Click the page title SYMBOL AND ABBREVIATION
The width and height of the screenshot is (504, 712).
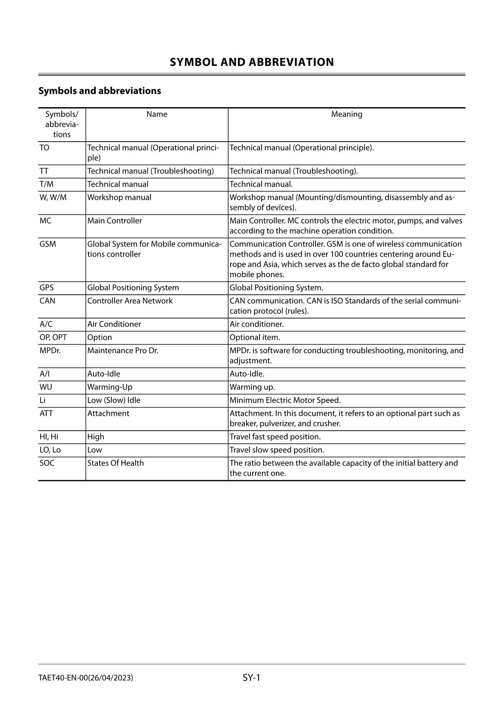(252, 62)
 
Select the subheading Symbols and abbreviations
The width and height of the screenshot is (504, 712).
(100, 91)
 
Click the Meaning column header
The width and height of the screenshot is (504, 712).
(346, 114)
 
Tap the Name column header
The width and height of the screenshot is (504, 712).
(157, 114)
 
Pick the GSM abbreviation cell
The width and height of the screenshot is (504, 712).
(48, 244)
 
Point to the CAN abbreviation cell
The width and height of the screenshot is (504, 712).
(48, 301)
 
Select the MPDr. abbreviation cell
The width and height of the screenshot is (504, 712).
(50, 350)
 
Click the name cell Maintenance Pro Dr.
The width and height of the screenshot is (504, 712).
(123, 350)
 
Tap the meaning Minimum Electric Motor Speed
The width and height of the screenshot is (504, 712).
(285, 400)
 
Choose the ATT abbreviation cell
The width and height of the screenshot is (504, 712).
(46, 413)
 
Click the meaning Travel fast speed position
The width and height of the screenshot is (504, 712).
(275, 437)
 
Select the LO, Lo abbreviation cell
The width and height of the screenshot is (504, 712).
(50, 450)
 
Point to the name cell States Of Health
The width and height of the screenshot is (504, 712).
(116, 463)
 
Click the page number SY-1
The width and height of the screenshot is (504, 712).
(251, 677)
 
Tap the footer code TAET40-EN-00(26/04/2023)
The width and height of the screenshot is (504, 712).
(86, 678)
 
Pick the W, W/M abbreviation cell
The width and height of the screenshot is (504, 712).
(53, 198)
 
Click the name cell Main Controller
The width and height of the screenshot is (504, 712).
(115, 221)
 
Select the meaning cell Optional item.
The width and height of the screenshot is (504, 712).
(255, 337)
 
